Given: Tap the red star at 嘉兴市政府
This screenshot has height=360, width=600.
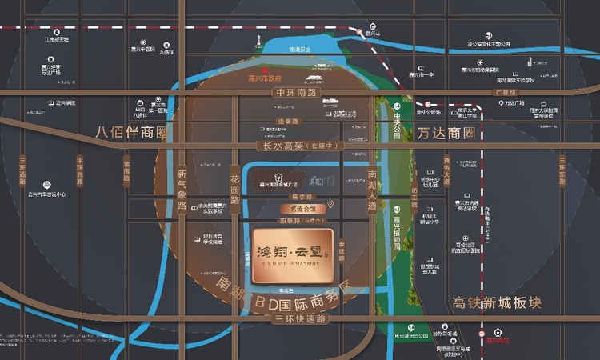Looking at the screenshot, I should tap(254, 70).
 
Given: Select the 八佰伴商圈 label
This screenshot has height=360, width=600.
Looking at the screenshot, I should tap(133, 132).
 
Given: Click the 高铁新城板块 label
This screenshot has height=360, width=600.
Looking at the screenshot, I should tap(497, 303).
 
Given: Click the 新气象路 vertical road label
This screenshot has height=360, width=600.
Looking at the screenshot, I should tap(182, 190).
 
